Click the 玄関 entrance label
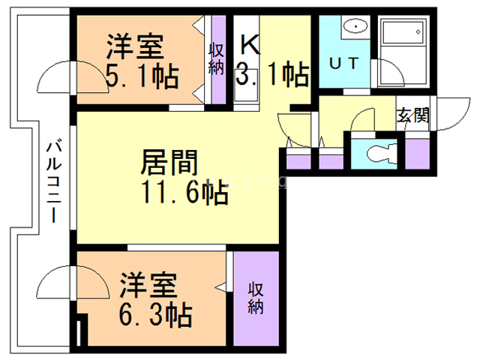(413, 115)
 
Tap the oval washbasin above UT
(351, 28)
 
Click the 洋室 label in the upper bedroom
(134, 47)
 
